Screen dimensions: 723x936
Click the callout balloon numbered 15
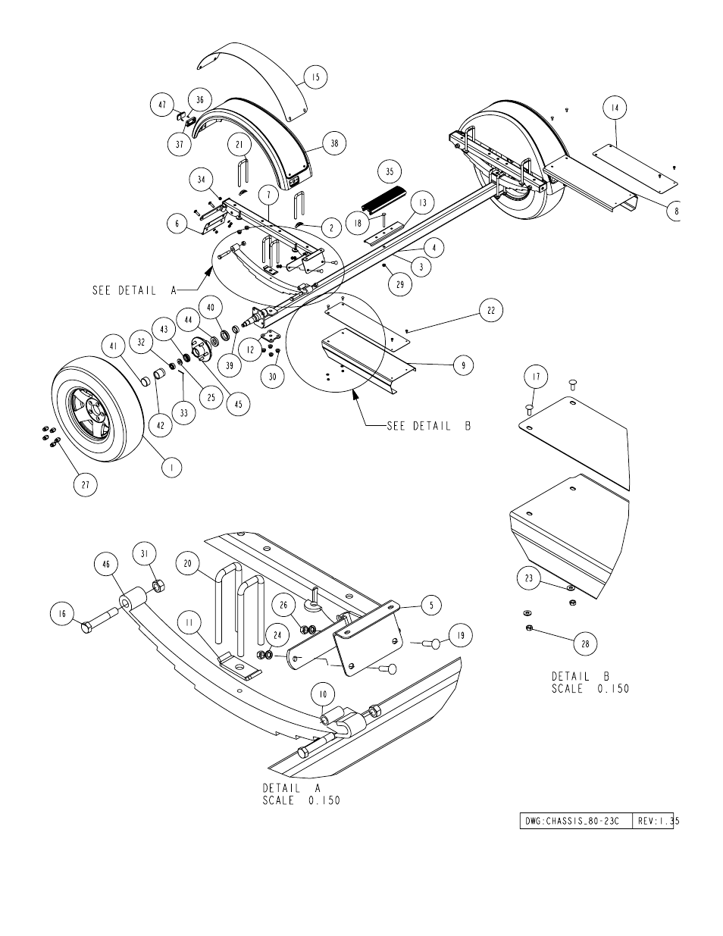[x=315, y=77]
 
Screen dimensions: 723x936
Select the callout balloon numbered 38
[x=334, y=143]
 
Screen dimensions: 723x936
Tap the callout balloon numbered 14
[x=615, y=108]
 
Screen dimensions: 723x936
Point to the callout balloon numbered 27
[x=86, y=485]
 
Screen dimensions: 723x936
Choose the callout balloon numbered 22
[x=491, y=310]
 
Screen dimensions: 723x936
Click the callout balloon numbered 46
[x=106, y=565]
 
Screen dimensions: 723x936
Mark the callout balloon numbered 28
[x=586, y=644]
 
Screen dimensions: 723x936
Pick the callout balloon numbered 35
[x=390, y=171]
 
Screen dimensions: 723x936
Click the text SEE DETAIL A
[x=134, y=290]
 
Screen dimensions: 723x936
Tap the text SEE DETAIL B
[x=429, y=426]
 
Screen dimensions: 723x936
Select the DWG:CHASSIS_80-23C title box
[x=576, y=821]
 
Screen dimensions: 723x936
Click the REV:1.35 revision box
[x=653, y=821]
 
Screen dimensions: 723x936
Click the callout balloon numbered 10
[x=323, y=694]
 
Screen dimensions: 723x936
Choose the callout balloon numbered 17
[x=536, y=377]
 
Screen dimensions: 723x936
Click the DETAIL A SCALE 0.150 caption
[x=302, y=794]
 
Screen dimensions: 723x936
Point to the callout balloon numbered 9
[x=463, y=365]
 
